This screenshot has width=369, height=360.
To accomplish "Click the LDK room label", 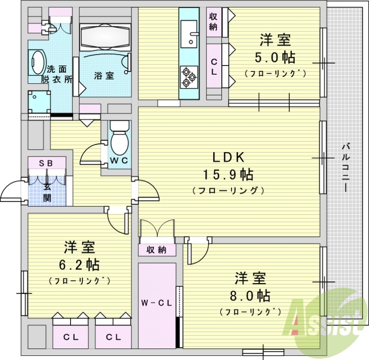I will pyautogui.click(x=228, y=157).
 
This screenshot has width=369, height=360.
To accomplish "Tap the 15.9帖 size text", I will pyautogui.click(x=228, y=175).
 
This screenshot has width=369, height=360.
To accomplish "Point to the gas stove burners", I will pyautogui.click(x=189, y=77).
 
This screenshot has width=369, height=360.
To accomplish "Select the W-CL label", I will pyautogui.click(x=156, y=303).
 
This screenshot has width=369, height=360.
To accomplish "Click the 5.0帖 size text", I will pyautogui.click(x=275, y=58).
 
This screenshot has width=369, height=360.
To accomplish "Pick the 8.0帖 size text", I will pyautogui.click(x=250, y=295).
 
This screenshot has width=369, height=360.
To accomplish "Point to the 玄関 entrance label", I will pyautogui.click(x=47, y=193).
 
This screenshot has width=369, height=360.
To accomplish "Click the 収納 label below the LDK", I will pyautogui.click(x=156, y=250).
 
